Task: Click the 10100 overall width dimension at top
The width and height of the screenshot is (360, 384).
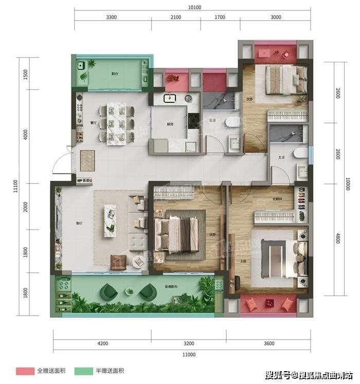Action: coord(193,7)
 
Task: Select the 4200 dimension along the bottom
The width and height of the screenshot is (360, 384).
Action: coord(102,343)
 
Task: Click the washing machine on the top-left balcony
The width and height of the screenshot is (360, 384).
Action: coord(81,66)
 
